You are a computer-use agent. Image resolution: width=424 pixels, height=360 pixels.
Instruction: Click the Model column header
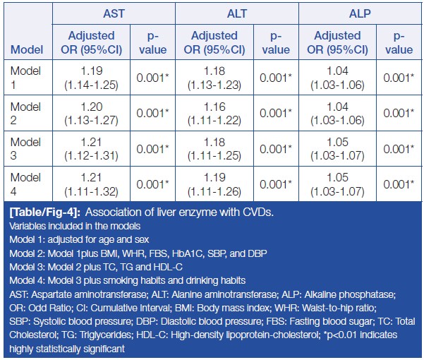(26, 50)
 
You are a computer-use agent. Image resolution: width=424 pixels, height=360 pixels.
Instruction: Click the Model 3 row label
(26, 148)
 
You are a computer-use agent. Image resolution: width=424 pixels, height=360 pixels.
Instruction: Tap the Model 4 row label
(26, 183)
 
